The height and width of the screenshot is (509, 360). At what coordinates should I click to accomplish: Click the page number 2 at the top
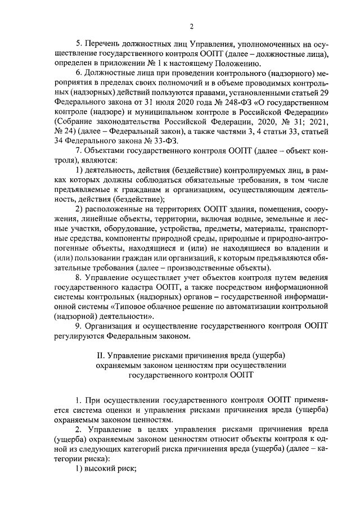(x=191, y=26)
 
